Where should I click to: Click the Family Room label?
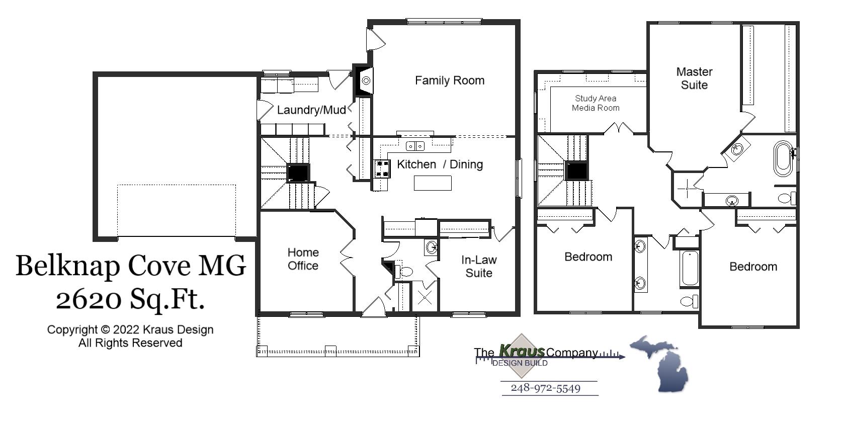tap(449, 80)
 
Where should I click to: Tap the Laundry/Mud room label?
tap(311, 110)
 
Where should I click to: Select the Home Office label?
tap(303, 259)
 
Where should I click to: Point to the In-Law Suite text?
tap(478, 267)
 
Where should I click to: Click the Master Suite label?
tap(694, 78)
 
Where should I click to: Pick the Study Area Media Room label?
tap(596, 103)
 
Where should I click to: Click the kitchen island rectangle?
tap(433, 183)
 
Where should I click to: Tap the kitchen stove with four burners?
tap(382, 168)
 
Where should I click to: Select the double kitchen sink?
tap(415, 146)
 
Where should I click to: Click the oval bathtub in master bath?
tap(783, 158)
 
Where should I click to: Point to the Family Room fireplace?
tap(364, 80)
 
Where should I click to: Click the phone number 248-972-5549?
tap(546, 388)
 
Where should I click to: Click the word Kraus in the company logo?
tap(522, 351)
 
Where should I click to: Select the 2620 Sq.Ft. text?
tap(130, 300)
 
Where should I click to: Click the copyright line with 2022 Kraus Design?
tap(130, 330)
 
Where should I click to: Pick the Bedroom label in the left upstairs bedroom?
tap(588, 257)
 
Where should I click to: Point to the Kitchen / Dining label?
tap(440, 164)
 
